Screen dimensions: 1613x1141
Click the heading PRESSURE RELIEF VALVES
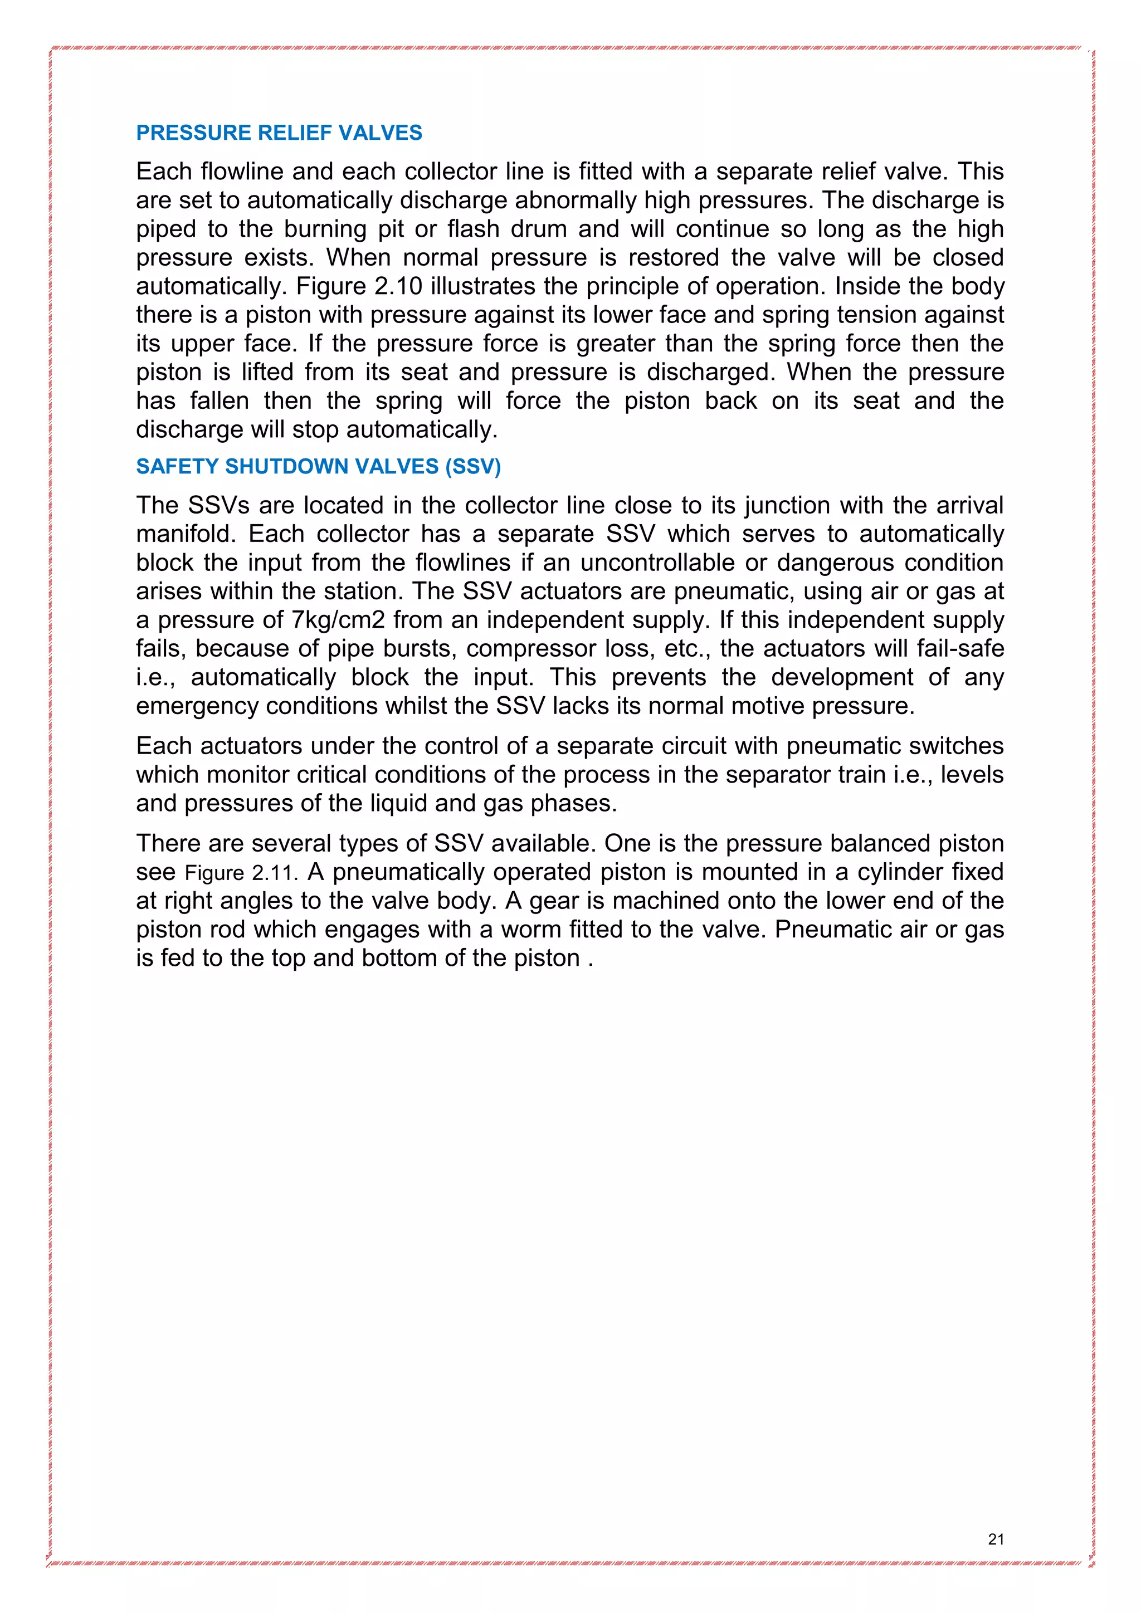(279, 133)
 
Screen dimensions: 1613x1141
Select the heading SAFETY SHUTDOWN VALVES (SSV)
(318, 467)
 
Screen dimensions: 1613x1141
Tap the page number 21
(996, 1539)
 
